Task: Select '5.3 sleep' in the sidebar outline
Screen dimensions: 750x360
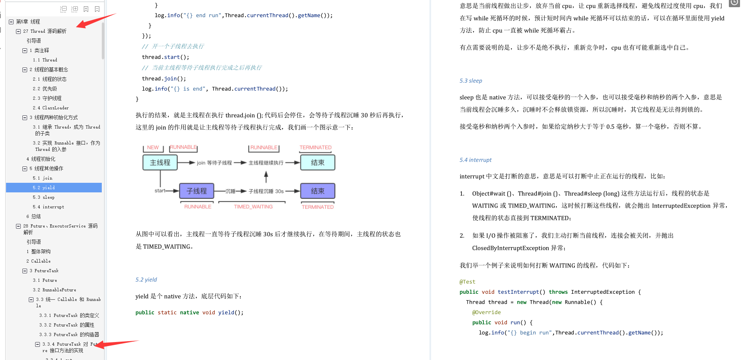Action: coord(44,197)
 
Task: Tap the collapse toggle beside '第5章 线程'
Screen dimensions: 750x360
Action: coord(11,22)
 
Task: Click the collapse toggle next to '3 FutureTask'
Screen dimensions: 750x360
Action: coord(25,271)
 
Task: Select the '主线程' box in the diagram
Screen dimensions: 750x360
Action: coord(160,162)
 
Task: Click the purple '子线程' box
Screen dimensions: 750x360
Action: coord(197,191)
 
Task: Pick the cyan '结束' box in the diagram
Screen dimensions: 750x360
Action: coord(318,162)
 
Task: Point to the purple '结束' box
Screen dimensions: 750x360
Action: coord(318,191)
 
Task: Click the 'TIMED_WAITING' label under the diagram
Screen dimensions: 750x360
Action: coord(253,207)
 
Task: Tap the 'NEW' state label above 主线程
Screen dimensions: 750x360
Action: coord(153,147)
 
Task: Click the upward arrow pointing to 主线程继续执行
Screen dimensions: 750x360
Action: coord(266,177)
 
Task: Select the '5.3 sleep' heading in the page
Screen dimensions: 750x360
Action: coord(471,81)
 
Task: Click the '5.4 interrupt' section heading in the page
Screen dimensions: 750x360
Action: coord(475,160)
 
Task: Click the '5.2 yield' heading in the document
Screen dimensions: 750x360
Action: coord(146,279)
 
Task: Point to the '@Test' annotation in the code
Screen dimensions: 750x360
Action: coord(467,282)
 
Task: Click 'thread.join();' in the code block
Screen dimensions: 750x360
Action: coord(164,79)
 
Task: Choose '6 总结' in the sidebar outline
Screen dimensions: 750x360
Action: coord(34,216)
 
